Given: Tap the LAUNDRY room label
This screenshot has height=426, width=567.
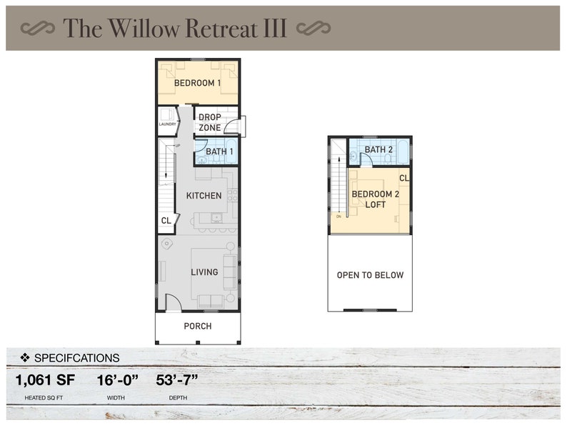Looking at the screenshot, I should (x=167, y=124).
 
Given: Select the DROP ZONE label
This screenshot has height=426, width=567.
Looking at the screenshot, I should (x=209, y=122).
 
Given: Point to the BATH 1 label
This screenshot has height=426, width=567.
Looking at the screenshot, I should (x=219, y=152).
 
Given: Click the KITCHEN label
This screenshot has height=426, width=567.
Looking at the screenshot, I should (x=204, y=195).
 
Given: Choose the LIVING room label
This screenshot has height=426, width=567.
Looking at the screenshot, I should (x=204, y=272).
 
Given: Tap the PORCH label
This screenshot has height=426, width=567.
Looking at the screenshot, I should (x=198, y=327).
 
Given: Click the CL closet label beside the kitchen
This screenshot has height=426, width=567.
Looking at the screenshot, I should (x=166, y=221).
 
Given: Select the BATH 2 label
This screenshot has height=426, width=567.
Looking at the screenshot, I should (x=378, y=149).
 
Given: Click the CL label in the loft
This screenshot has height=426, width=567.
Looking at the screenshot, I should (x=403, y=177).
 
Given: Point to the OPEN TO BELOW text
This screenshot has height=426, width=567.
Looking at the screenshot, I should (x=370, y=275).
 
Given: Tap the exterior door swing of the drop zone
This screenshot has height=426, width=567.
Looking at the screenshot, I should (x=234, y=127).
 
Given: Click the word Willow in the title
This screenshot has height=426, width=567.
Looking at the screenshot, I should (x=147, y=28).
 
